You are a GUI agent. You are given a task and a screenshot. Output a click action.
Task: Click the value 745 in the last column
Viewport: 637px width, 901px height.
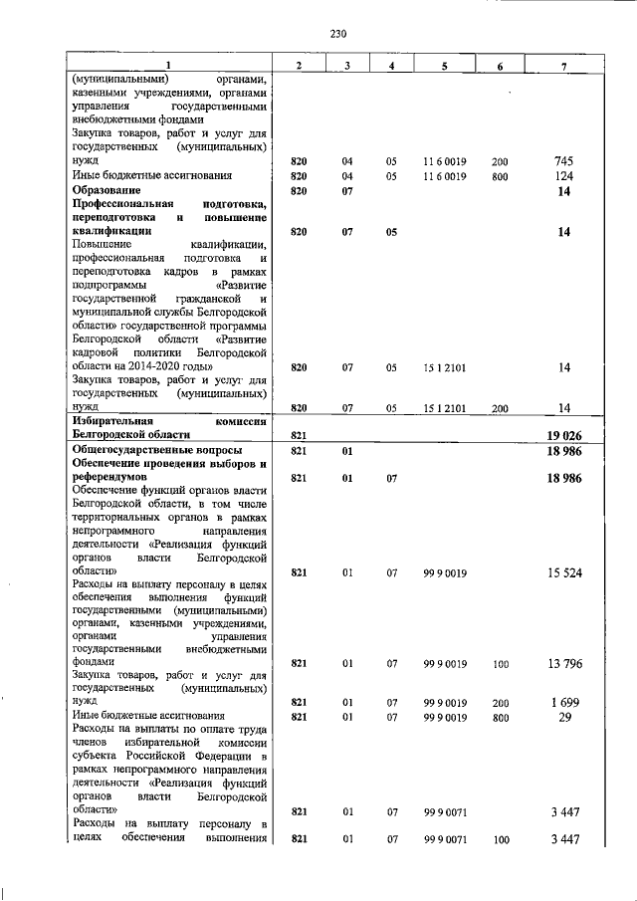pos(564,160)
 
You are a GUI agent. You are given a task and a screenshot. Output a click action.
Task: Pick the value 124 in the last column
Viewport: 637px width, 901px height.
pos(564,176)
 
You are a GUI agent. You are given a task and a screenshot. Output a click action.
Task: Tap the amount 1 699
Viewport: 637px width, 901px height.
pos(564,702)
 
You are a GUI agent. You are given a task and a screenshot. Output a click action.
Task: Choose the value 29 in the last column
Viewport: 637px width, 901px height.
pos(564,716)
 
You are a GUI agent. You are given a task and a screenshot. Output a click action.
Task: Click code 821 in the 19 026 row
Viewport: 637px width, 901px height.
pos(297,435)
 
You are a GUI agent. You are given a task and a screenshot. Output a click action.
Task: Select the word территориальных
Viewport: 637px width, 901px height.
pos(117,519)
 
